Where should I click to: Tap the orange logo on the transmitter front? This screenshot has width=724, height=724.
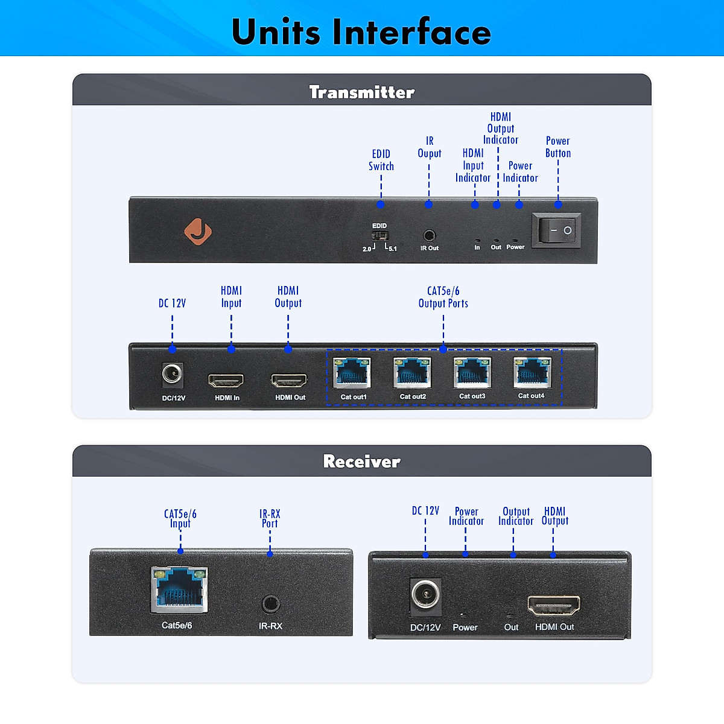(198, 231)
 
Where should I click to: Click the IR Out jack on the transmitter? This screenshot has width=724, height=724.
(429, 235)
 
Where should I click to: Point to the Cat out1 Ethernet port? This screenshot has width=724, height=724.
(352, 372)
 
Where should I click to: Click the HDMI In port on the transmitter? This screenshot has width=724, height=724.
(226, 380)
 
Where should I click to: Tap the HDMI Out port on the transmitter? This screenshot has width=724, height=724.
(289, 380)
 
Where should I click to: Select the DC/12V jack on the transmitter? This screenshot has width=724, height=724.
(173, 375)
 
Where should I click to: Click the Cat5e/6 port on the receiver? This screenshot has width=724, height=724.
(179, 588)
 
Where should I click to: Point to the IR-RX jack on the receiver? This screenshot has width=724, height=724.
(270, 603)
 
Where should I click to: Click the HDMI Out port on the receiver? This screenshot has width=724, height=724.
(554, 605)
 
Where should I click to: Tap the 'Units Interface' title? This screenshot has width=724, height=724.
(361, 31)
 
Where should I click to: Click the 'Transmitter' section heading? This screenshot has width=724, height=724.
(361, 92)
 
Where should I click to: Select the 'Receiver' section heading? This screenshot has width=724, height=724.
(361, 462)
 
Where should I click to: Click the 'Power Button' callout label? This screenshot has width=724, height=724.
(558, 147)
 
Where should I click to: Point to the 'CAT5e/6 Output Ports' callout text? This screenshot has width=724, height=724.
(443, 297)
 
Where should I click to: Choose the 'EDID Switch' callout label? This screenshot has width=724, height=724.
(381, 160)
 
